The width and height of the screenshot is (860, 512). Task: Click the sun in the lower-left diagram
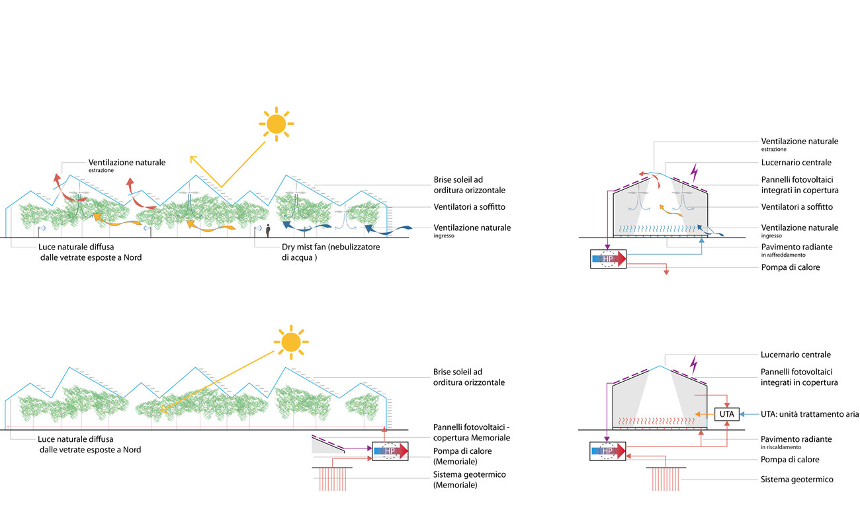coord(290,341)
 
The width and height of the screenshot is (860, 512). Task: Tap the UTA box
coord(726,414)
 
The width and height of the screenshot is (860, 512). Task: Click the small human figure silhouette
coord(268,230)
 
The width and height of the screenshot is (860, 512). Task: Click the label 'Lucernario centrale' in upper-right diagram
coord(796,162)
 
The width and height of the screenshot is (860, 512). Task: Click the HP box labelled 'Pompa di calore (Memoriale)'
coord(390,451)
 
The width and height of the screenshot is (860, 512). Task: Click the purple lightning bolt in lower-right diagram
coord(694,363)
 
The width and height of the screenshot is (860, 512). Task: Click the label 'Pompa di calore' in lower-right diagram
coord(790,459)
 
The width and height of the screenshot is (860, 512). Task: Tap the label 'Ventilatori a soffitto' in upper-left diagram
coord(470,206)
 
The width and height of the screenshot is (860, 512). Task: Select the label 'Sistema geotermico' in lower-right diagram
coord(796,480)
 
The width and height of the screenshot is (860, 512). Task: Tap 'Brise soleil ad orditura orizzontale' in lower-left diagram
coord(468,377)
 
